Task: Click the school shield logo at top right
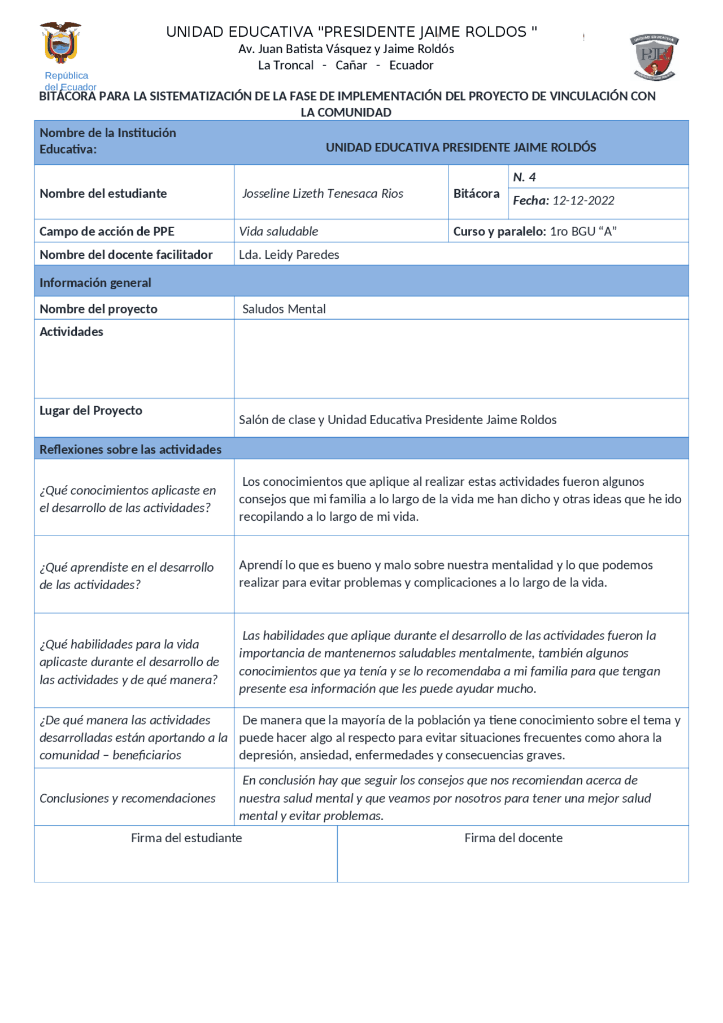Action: pyautogui.click(x=654, y=57)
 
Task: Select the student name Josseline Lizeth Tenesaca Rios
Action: pyautogui.click(x=323, y=193)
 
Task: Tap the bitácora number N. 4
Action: pyautogui.click(x=524, y=177)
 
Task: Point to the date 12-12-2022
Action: pyautogui.click(x=583, y=201)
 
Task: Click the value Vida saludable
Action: pyautogui.click(x=278, y=231)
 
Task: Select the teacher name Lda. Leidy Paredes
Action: pyautogui.click(x=289, y=255)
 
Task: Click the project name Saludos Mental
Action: pyautogui.click(x=284, y=309)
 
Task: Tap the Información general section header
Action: pyautogui.click(x=95, y=282)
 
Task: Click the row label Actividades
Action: pyautogui.click(x=71, y=332)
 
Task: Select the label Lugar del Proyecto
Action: pyautogui.click(x=90, y=411)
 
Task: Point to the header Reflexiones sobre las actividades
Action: pyautogui.click(x=130, y=449)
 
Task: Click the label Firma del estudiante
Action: pyautogui.click(x=186, y=838)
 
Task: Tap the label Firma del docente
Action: pyautogui.click(x=513, y=838)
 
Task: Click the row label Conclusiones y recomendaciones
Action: pyautogui.click(x=127, y=798)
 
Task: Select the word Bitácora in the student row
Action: pyautogui.click(x=476, y=193)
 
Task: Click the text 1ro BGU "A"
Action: pyautogui.click(x=583, y=231)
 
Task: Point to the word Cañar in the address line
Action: pyautogui.click(x=351, y=65)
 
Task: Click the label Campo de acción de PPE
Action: pyautogui.click(x=107, y=231)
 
